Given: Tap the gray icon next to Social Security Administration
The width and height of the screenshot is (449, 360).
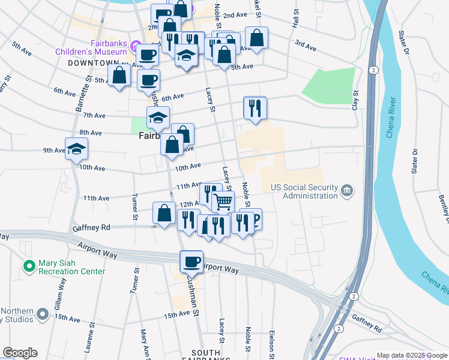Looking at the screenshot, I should coord(347,191).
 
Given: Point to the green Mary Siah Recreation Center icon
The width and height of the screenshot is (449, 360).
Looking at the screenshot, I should coord(28,265).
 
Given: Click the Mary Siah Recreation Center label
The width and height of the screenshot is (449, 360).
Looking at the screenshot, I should coord(71,267).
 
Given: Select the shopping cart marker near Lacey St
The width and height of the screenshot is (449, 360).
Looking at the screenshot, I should coord(223,202).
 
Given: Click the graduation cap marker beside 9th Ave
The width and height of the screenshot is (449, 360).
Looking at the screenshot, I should coord(76,148).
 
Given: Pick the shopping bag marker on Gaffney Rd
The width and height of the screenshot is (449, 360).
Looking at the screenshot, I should coord(164,212).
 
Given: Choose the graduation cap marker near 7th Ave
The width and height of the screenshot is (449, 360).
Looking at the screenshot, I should coord(158,117).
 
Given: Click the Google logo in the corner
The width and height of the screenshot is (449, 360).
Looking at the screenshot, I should coord(20,353).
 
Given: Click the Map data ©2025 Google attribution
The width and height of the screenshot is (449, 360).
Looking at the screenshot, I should coord(411,355).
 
